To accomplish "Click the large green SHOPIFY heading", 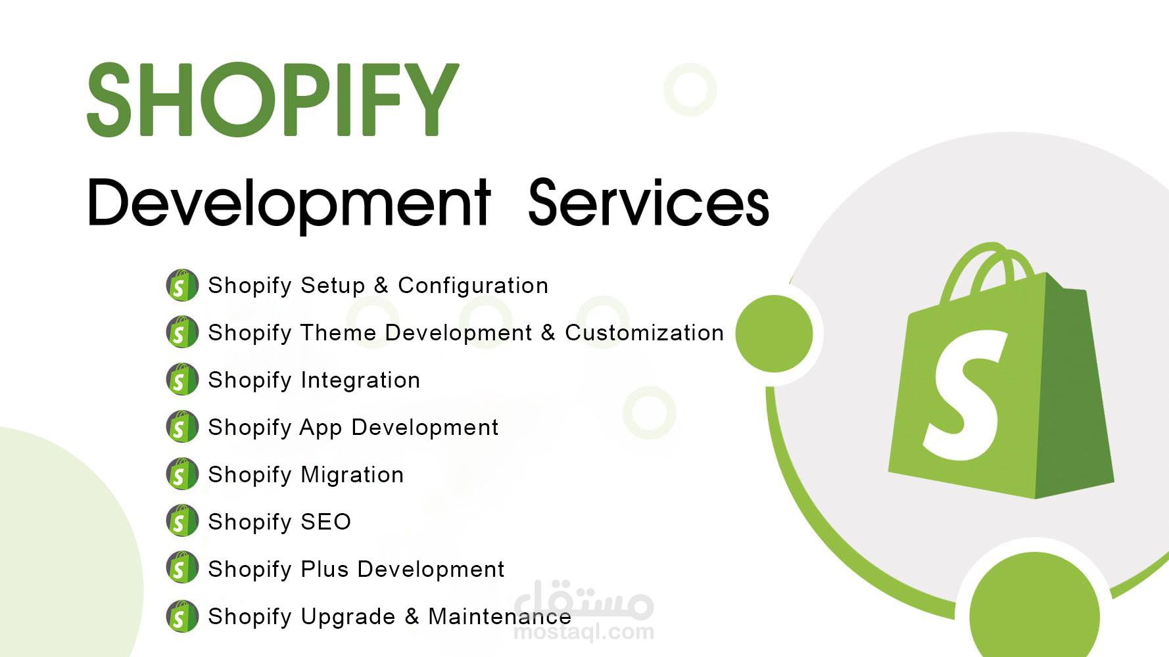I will click(272, 100).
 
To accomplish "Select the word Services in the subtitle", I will click(648, 204).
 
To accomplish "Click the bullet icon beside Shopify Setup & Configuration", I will click(182, 285).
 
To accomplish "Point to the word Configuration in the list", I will click(473, 286).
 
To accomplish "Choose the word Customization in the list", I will click(644, 333).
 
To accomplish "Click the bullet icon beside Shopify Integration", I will click(182, 380).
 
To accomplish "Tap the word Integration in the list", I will click(360, 380).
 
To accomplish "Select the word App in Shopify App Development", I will click(320, 428).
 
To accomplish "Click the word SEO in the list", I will click(325, 522).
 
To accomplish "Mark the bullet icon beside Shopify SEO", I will click(182, 522).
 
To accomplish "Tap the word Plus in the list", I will click(324, 569).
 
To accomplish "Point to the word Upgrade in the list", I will click(348, 617).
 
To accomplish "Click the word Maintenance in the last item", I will click(499, 617).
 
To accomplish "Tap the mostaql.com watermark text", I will click(583, 633).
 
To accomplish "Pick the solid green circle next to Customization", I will click(774, 334).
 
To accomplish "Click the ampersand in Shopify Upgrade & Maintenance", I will click(412, 616).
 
